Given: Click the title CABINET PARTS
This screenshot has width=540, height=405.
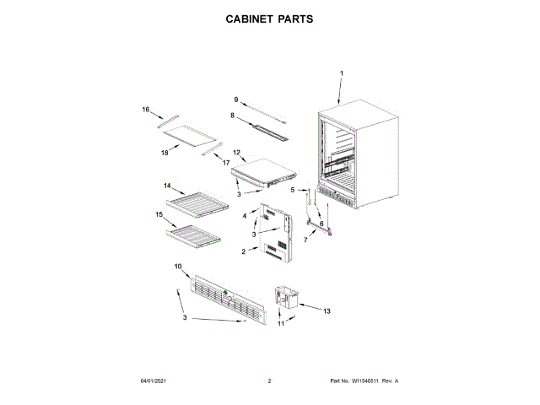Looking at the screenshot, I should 269,18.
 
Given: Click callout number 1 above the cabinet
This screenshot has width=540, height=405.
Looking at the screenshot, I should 342,74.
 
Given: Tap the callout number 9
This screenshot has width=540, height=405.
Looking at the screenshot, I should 236,100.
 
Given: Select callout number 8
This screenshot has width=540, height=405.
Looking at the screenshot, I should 232,115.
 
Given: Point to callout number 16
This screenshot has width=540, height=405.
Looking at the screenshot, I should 146,110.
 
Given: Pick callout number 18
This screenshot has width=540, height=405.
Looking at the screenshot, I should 165,154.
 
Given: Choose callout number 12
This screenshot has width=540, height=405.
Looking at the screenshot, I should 237,153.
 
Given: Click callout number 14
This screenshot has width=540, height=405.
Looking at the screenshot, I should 167,186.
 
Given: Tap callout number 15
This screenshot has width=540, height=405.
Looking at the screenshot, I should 159,215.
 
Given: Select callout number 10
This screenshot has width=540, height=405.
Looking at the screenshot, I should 178,267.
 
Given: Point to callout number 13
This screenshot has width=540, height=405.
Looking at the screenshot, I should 327,311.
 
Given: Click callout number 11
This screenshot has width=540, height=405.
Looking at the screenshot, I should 282,324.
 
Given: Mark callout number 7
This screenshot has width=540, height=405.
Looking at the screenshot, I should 305,240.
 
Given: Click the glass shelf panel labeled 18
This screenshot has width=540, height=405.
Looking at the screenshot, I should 191,136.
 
